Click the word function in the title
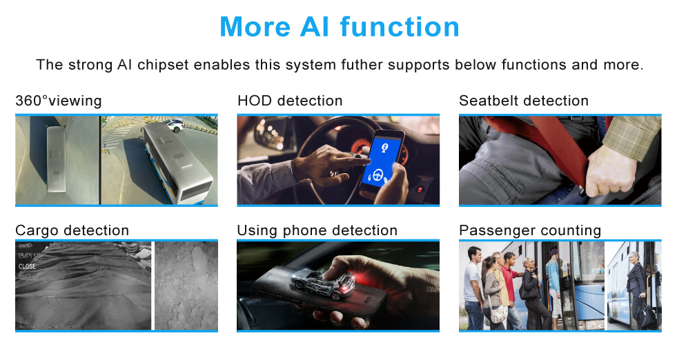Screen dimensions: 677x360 [x=400, y=27]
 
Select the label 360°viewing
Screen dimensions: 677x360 [x=58, y=101]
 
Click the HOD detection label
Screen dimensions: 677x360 [x=290, y=101]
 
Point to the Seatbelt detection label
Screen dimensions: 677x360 [x=524, y=101]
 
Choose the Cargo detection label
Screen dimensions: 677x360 [x=72, y=230]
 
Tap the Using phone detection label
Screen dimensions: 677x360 [x=317, y=230]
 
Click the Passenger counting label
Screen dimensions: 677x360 [x=530, y=230]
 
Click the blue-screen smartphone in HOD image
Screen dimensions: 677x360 [x=382, y=162]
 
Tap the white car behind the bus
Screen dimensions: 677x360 [x=175, y=126]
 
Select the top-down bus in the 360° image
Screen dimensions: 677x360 [x=56, y=159]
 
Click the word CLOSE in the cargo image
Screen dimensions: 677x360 [x=27, y=267]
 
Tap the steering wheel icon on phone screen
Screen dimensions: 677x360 [x=379, y=175]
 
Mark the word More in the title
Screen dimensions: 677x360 [x=255, y=27]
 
